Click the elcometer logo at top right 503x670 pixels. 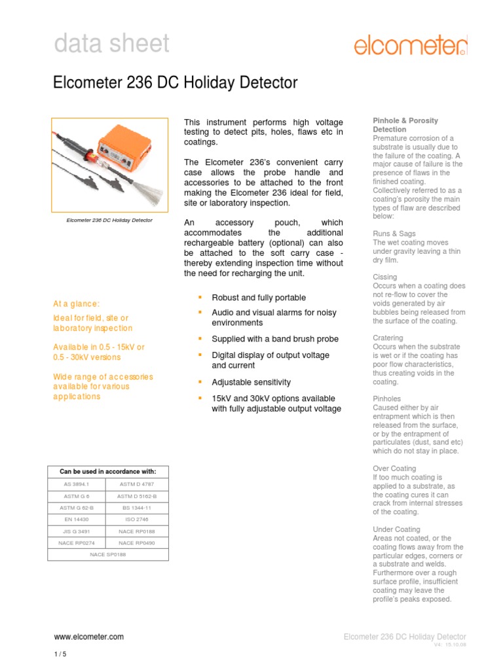click(x=411, y=45)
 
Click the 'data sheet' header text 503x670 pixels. click(x=111, y=44)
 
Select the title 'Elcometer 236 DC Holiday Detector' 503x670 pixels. click(x=175, y=83)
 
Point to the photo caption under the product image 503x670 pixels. click(x=109, y=220)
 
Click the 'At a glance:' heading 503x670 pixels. click(x=77, y=304)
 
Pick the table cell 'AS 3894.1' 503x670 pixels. click(x=75, y=484)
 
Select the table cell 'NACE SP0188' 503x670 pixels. click(x=107, y=554)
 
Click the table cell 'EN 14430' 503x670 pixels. click(x=75, y=519)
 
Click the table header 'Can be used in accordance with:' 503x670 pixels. click(x=108, y=471)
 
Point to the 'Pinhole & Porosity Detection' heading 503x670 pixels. click(x=405, y=125)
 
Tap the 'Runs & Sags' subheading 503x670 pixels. click(x=394, y=234)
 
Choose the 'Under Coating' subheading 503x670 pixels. click(x=396, y=529)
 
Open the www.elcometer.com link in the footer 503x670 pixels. click(x=88, y=637)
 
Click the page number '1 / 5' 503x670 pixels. click(x=60, y=654)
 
